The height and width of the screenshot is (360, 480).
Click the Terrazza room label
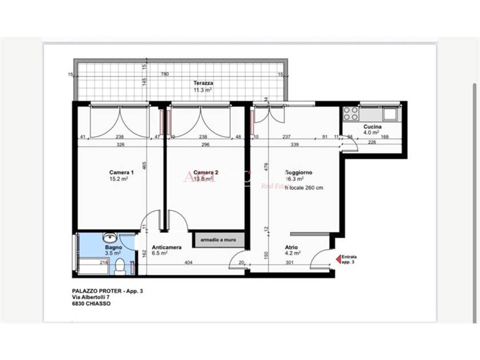[x=203, y=83]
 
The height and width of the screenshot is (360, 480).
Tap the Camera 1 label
[x=121, y=172]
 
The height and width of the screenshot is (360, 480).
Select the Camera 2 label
[x=206, y=172]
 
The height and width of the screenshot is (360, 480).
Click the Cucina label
[x=373, y=126]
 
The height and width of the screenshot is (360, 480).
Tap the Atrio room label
[x=291, y=247]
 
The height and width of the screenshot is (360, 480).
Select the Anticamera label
[x=166, y=247]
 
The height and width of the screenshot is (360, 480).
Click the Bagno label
[x=112, y=246]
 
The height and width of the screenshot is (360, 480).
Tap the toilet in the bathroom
[x=120, y=266]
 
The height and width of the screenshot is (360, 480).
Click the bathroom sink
[x=110, y=237]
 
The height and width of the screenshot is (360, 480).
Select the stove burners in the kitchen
[x=351, y=113]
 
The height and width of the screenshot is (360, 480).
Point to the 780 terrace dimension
[x=165, y=74]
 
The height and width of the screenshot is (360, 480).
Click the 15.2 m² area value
[x=119, y=179]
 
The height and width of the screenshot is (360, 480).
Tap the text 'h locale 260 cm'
[x=304, y=186]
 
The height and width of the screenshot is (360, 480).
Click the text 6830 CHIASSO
[x=91, y=304]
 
